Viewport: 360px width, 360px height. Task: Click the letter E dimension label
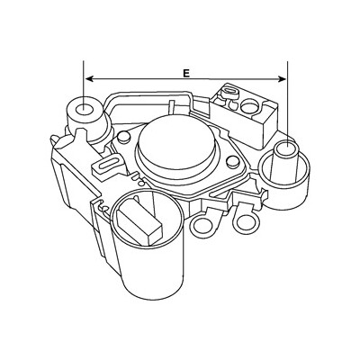pyautogui.click(x=186, y=73)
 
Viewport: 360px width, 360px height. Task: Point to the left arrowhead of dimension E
pyautogui.click(x=89, y=78)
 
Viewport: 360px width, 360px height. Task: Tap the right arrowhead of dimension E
pyautogui.click(x=283, y=79)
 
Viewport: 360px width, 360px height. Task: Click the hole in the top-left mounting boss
pyautogui.click(x=84, y=110)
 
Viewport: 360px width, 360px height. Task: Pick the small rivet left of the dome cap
pyautogui.click(x=123, y=137)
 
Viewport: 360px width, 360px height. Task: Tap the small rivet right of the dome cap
pyautogui.click(x=232, y=162)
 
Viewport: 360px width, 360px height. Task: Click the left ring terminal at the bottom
pyautogui.click(x=202, y=225)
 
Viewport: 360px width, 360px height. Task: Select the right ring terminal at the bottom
pyautogui.click(x=246, y=222)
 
